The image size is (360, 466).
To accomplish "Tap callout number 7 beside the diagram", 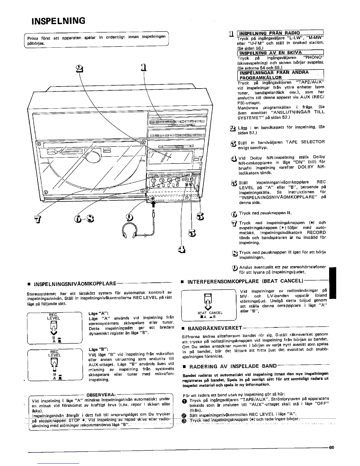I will pyautogui.click(x=37, y=219).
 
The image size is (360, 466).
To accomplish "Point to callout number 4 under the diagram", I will pyautogui.click(x=182, y=249).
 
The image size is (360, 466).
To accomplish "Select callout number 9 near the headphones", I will pyautogui.click(x=129, y=217).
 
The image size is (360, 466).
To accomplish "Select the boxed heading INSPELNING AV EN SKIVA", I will pyautogui.click(x=271, y=53).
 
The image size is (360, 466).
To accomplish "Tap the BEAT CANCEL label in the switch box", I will pyautogui.click(x=210, y=313).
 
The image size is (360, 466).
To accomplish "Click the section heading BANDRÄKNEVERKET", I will pyautogui.click(x=215, y=328).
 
